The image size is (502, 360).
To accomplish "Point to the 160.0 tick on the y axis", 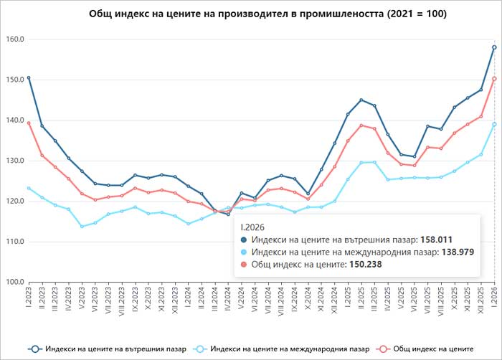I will (14, 39).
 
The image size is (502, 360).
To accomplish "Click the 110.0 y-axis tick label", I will (14, 241).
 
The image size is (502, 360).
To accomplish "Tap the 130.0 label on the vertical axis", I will (14, 161).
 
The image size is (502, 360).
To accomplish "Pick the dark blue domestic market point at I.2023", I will (29, 77).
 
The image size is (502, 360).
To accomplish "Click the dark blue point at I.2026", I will (495, 47).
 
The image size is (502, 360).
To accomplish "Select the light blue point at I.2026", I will (495, 124).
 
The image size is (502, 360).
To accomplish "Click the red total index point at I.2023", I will (29, 123).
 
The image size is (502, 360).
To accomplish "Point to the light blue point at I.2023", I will (29, 188).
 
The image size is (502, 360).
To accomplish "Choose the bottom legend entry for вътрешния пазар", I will (108, 349).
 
